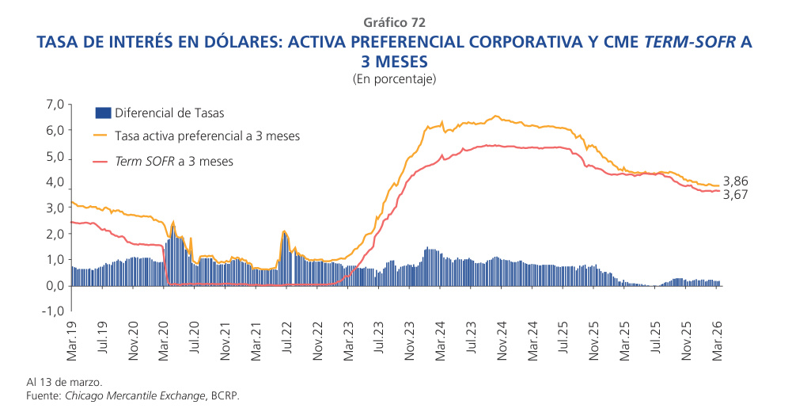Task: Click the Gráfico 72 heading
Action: click(x=396, y=22)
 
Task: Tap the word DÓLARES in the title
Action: click(x=228, y=43)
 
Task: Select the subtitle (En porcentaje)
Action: click(x=395, y=79)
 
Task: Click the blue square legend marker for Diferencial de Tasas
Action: click(x=102, y=113)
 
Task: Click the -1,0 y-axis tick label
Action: click(x=51, y=311)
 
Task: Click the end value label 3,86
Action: click(x=736, y=181)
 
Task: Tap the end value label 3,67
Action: click(x=736, y=195)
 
